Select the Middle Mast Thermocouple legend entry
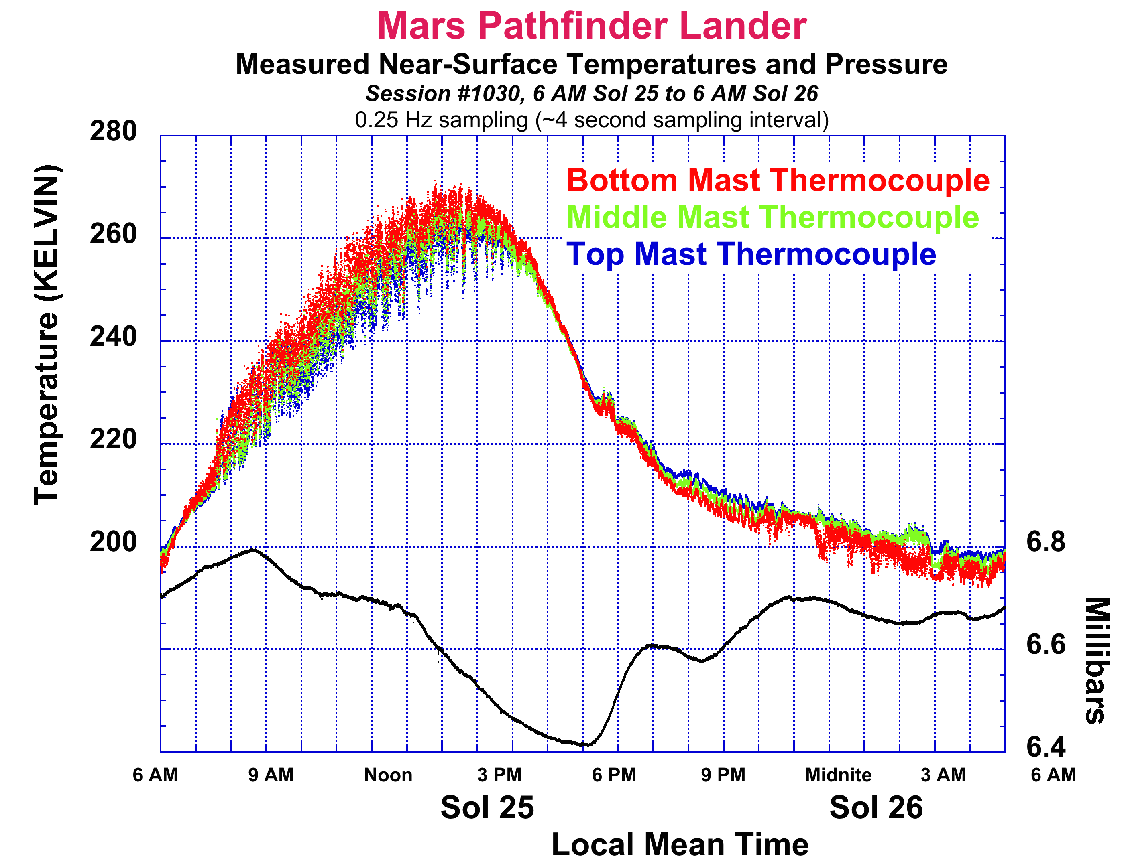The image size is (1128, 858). [x=772, y=217]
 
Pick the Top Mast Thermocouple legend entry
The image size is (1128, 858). [x=751, y=254]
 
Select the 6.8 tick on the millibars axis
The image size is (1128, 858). [x=1046, y=542]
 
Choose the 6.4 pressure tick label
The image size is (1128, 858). [x=1046, y=747]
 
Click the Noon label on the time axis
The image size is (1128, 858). [x=388, y=775]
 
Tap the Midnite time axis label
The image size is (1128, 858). [x=838, y=775]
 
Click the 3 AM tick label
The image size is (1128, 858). [x=943, y=775]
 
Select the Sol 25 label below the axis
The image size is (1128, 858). [x=487, y=807]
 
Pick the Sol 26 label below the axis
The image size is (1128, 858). [x=876, y=807]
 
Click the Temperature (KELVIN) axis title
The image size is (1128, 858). [x=47, y=336]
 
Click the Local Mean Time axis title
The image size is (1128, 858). [x=680, y=844]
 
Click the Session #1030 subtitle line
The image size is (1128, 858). [x=591, y=93]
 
